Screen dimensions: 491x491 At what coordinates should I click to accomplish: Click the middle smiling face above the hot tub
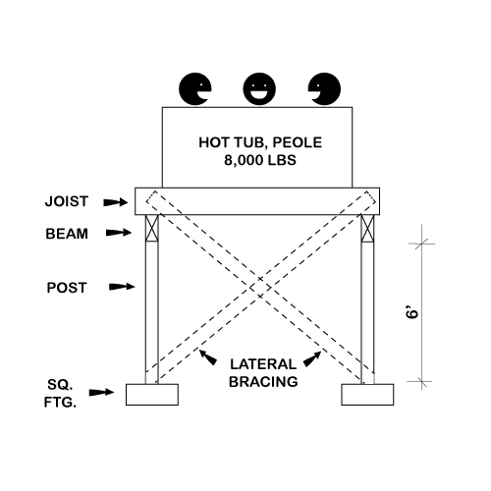coord(259,89)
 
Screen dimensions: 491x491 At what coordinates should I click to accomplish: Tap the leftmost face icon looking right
coord(195,89)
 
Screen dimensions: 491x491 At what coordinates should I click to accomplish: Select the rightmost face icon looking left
coord(324,89)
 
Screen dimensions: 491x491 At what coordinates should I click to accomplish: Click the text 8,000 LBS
coord(260,160)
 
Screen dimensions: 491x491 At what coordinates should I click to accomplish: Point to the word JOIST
coord(67,201)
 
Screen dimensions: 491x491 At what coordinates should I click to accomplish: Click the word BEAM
coord(67,234)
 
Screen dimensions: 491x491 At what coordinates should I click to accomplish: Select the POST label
coord(67,288)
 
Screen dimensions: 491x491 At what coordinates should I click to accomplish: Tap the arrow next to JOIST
coord(116,202)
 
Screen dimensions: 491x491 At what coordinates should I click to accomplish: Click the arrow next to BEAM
coord(119,233)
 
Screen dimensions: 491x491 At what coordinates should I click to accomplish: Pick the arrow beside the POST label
coord(122,287)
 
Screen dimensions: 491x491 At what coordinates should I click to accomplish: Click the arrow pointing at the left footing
coord(101,392)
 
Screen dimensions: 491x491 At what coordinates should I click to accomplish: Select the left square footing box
coord(152,395)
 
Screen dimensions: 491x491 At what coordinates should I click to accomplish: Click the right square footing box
coord(367,395)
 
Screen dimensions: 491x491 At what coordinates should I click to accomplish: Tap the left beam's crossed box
coord(152,228)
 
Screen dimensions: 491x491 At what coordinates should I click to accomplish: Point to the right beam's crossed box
coord(367,228)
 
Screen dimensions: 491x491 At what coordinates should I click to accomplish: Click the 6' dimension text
coord(412,312)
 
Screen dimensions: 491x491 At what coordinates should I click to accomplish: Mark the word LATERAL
coord(263,364)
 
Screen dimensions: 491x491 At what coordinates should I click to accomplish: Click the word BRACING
coord(263,382)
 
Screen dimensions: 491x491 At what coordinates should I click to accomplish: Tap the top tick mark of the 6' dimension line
coord(421,244)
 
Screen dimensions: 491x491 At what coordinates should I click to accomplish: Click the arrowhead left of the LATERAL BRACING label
coord(208,357)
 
